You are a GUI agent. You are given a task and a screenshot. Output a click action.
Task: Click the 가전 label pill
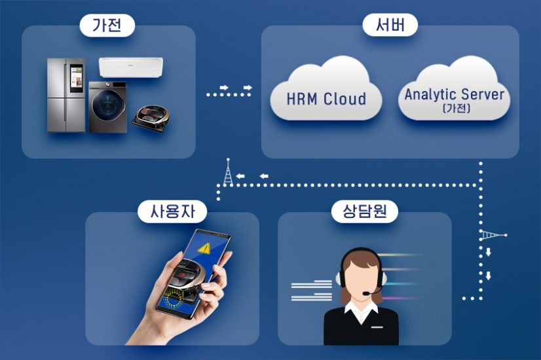(x=107, y=26)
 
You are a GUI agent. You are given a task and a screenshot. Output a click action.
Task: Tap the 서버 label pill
(x=390, y=26)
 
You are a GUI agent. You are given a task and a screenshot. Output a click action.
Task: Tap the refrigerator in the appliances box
(x=66, y=95)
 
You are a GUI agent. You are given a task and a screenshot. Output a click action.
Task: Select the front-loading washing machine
(x=107, y=107)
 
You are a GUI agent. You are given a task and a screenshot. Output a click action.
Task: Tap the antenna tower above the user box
(x=227, y=171)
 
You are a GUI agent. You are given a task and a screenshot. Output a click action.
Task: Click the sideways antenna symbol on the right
(x=492, y=235)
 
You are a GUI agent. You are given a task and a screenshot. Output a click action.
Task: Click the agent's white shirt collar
(x=361, y=314)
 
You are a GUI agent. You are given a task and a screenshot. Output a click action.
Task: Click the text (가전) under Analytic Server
(x=455, y=109)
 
